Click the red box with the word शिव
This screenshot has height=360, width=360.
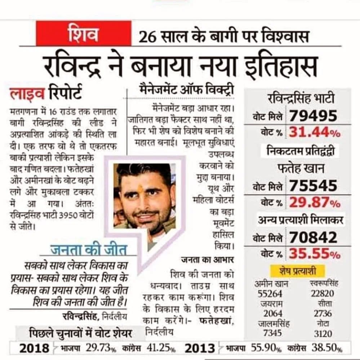point(84,34)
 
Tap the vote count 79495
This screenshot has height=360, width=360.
point(313,116)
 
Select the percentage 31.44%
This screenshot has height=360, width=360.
point(315,133)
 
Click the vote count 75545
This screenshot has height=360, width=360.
point(313,186)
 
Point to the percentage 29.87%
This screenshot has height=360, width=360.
point(315,203)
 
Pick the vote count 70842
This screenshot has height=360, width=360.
point(313,237)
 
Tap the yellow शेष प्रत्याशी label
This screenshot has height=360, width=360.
point(298,271)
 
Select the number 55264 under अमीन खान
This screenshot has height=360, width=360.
point(270,294)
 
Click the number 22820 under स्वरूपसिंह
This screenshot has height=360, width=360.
point(323,294)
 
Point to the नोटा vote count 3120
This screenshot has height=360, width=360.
point(323,334)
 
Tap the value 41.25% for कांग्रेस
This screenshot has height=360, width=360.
point(161,348)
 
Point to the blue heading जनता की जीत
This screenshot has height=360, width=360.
point(89,250)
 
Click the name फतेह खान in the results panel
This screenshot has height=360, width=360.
point(301,169)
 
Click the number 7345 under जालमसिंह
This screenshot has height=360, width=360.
point(272,333)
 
